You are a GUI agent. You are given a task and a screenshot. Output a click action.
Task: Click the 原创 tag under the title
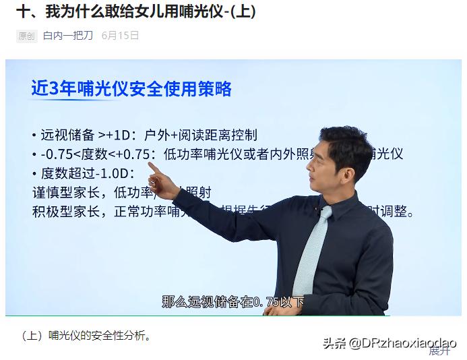(x=26, y=36)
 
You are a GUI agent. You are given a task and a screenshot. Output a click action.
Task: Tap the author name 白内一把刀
(x=68, y=36)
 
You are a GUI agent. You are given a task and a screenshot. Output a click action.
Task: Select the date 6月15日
(x=120, y=36)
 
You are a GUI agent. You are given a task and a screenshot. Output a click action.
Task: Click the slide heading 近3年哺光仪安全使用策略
(x=131, y=89)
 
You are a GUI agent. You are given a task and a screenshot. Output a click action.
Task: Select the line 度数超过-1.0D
(x=87, y=173)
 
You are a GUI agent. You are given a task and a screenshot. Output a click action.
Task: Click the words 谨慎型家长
(x=66, y=192)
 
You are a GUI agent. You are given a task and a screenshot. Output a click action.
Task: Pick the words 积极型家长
(x=66, y=212)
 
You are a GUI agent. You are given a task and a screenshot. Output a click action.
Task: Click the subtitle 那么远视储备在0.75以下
(x=232, y=301)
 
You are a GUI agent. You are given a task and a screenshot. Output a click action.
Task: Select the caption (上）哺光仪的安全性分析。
(x=86, y=335)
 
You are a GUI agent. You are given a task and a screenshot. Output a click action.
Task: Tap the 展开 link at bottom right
(x=440, y=351)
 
